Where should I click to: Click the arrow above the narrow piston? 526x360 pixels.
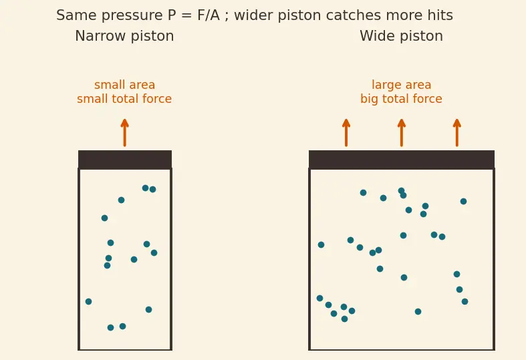pos(125,132)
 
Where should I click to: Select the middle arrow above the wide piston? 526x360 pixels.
pos(402,132)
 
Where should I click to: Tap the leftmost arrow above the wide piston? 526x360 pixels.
pos(346,132)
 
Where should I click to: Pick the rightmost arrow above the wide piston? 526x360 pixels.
pos(457,132)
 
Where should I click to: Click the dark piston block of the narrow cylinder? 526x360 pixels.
pos(125,160)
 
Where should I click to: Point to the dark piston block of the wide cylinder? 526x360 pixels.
pos(402,160)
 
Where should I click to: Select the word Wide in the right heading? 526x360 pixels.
pos(376,36)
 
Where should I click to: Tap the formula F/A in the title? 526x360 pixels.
pos(209,15)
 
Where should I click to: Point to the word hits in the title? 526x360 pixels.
pos(438,15)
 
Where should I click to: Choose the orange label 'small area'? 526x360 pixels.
pos(124,85)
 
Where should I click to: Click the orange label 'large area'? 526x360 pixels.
pos(401,85)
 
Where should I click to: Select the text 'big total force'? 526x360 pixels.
pos(401,99)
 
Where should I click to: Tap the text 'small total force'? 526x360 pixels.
pos(124,99)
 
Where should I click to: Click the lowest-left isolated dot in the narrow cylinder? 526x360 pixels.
pos(89,301)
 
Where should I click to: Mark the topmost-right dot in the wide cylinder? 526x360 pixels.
pos(463,201)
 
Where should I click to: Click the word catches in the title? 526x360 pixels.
pos(354,15)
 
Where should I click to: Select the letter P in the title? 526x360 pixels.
pos(171,15)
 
